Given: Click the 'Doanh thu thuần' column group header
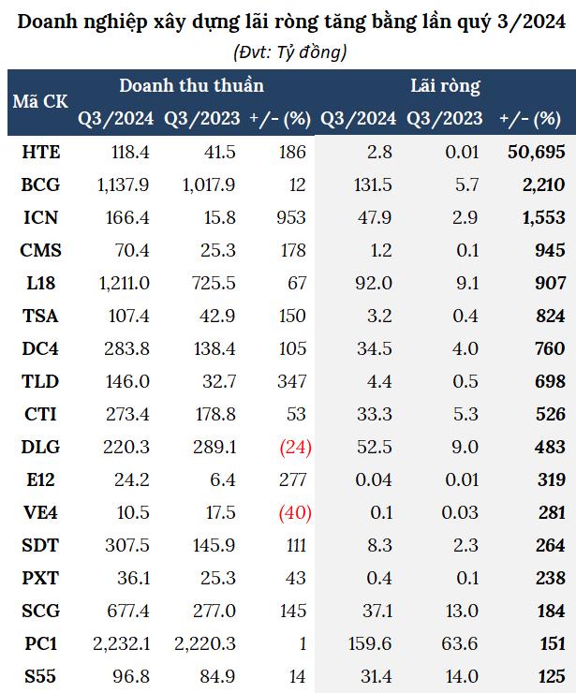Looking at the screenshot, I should (x=191, y=86).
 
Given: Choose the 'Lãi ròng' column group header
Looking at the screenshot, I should (x=445, y=86).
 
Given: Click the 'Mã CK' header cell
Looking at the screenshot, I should (x=40, y=102).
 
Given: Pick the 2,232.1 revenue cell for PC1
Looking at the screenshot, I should (x=122, y=644).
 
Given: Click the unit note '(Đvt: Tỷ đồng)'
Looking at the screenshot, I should (x=288, y=52).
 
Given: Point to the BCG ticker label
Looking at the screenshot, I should (x=40, y=185).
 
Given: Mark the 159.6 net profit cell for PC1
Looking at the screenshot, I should (x=369, y=644).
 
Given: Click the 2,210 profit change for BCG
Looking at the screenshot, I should (x=542, y=185).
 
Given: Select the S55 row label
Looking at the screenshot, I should (x=40, y=676).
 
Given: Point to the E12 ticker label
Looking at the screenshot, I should (x=40, y=480).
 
